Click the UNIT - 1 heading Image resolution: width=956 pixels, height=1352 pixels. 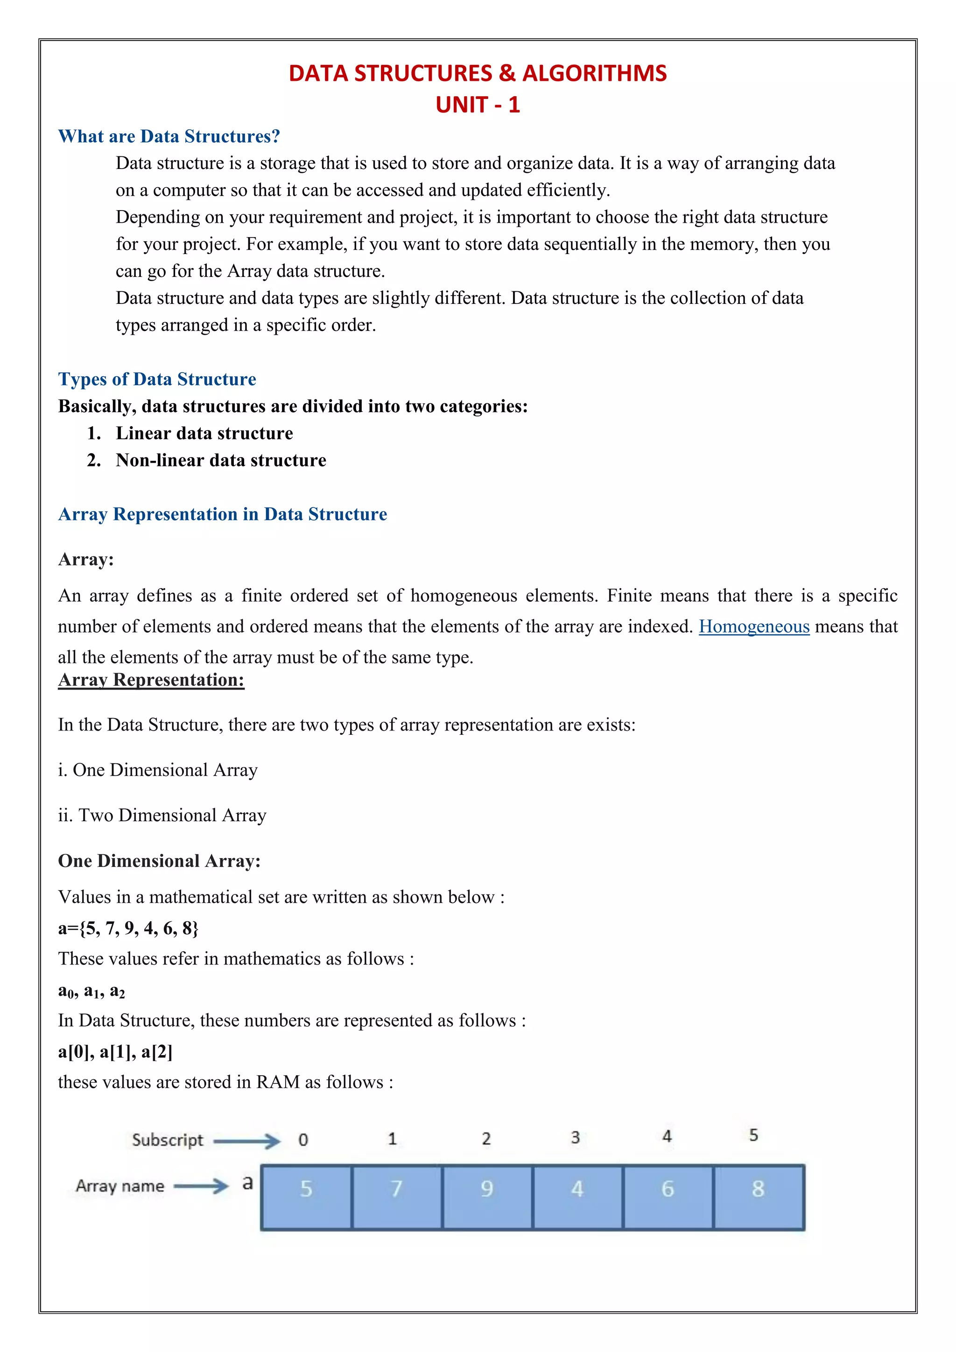[478, 105]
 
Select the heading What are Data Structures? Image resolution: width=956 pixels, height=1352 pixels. [169, 137]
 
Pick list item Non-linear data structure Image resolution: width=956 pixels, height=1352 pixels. [221, 460]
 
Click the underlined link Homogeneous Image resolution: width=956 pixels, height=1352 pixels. [753, 627]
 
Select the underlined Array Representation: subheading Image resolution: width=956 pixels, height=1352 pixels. [151, 680]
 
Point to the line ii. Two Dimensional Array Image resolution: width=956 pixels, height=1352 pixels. [162, 816]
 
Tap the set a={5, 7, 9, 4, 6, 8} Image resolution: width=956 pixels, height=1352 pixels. [128, 929]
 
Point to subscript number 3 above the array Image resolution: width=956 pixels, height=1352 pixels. [575, 1138]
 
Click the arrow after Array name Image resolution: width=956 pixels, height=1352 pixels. [201, 1186]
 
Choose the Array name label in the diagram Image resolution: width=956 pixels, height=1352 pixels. [120, 1186]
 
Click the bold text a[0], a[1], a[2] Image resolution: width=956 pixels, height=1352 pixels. [115, 1052]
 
